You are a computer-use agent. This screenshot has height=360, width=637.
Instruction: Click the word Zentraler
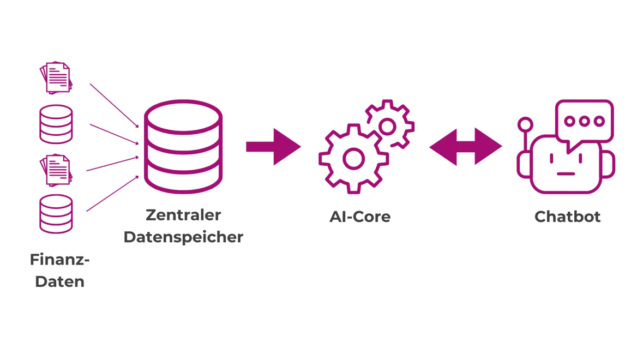(183, 215)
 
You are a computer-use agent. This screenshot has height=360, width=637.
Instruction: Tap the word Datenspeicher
(183, 237)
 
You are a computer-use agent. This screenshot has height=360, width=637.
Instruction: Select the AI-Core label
(360, 217)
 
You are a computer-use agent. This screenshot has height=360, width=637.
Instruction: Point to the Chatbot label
(567, 217)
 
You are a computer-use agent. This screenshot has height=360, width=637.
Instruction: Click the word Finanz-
(59, 260)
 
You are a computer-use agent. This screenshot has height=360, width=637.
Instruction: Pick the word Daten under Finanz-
(59, 282)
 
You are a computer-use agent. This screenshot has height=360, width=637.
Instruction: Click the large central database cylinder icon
(183, 147)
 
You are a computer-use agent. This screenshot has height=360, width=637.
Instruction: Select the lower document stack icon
(56, 170)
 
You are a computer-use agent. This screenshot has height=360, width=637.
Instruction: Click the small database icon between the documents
(56, 124)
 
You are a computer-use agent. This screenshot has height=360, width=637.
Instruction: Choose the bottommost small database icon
(56, 214)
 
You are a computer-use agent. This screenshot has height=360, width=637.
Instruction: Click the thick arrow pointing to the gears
(273, 147)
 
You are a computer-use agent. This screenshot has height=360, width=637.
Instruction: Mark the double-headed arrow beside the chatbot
(465, 147)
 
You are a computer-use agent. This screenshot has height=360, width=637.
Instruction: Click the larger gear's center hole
(353, 159)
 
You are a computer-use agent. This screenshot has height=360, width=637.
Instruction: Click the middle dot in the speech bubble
(585, 121)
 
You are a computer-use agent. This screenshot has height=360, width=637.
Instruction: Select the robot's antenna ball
(524, 124)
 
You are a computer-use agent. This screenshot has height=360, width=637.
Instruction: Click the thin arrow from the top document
(113, 104)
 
